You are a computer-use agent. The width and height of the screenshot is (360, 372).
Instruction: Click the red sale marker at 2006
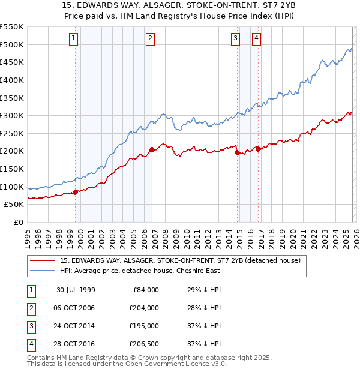(152, 149)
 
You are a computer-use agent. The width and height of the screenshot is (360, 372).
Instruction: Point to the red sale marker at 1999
(76, 192)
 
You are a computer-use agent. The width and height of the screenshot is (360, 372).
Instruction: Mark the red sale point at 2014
(238, 152)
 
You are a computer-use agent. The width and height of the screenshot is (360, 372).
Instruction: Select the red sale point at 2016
(259, 149)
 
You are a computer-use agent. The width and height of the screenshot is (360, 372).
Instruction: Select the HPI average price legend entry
(144, 271)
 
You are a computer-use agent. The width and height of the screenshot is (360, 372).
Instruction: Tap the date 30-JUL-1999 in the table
(76, 290)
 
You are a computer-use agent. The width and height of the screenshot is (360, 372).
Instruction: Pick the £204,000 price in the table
(144, 308)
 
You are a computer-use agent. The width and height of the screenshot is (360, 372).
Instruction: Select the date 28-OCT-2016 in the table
(76, 344)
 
